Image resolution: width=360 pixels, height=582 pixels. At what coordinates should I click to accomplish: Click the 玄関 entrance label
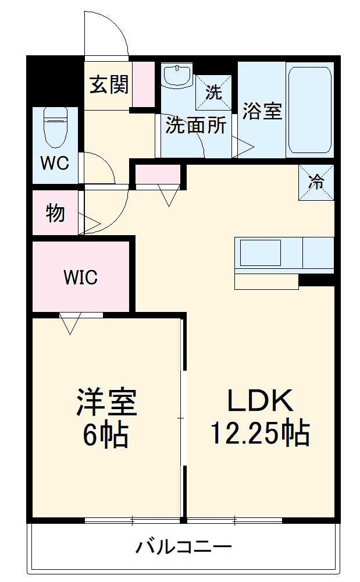[x=109, y=84]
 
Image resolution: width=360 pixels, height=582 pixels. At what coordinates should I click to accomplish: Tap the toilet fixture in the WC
[x=56, y=127]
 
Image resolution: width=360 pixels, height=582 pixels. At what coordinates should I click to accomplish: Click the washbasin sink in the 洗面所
[x=177, y=76]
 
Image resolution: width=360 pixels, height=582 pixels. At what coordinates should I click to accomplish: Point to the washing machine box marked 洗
[x=213, y=93]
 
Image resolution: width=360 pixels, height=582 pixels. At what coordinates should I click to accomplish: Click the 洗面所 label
[x=196, y=125]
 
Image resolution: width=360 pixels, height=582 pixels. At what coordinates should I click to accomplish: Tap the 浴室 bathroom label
[x=262, y=110]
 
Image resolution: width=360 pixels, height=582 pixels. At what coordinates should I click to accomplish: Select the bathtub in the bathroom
[x=309, y=110]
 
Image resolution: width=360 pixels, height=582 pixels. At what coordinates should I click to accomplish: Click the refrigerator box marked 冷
[x=316, y=182]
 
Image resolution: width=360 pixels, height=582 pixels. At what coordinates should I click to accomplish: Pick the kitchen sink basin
[x=261, y=253]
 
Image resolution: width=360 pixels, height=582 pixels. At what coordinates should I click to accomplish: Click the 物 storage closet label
[x=55, y=213]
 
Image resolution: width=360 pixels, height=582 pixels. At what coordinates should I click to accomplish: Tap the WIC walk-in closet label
[x=80, y=277]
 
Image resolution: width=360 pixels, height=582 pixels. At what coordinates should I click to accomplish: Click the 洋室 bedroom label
[x=106, y=402]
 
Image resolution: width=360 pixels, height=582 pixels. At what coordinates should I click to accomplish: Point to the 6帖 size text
[x=106, y=434]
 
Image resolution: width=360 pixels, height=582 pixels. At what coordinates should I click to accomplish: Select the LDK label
[x=261, y=400]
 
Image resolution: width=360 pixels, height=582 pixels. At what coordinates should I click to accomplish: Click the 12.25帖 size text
[x=261, y=432]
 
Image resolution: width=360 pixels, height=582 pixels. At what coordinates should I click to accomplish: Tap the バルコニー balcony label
[x=184, y=546]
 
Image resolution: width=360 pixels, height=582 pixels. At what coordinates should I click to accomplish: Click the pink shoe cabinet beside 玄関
[x=144, y=85]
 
